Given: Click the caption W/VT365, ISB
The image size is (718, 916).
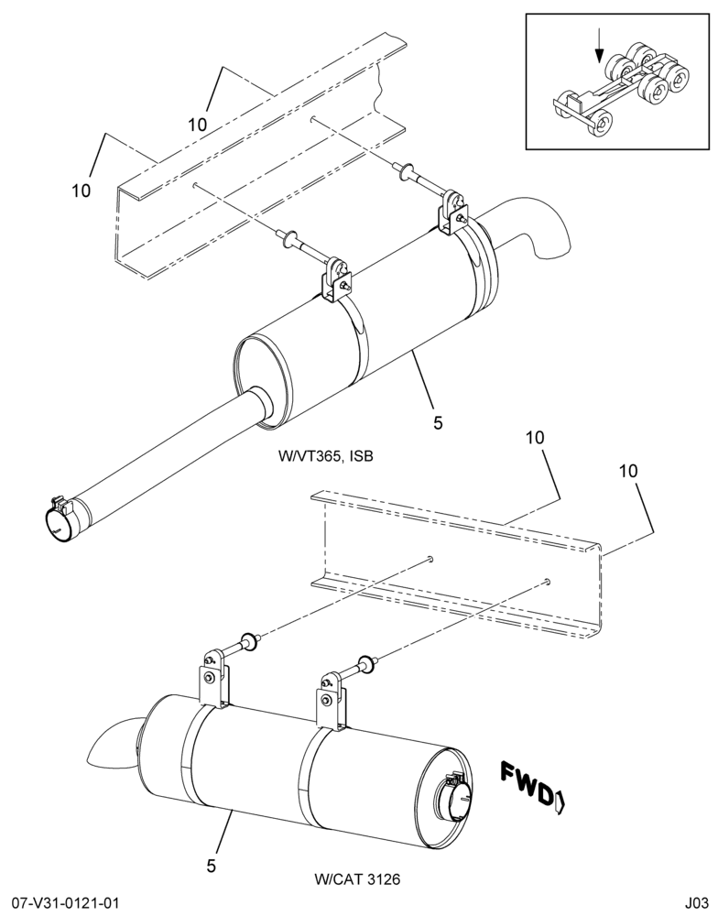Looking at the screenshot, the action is pos(325,455).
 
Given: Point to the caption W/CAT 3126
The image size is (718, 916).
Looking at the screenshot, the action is pos(357,878).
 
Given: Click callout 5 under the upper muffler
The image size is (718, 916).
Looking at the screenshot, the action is pos(438,422).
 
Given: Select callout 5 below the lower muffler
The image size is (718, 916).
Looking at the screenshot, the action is pos(212,865).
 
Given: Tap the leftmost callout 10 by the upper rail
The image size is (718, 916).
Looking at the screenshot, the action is pos(82,191).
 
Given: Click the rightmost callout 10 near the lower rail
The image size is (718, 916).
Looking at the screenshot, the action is pos(628,471).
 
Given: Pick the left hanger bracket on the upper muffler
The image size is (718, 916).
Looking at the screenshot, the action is pos(335,281).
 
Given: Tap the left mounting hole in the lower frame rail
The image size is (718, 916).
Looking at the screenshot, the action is pos(430,559).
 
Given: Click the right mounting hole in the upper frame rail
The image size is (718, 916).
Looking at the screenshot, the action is pos(314,118).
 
